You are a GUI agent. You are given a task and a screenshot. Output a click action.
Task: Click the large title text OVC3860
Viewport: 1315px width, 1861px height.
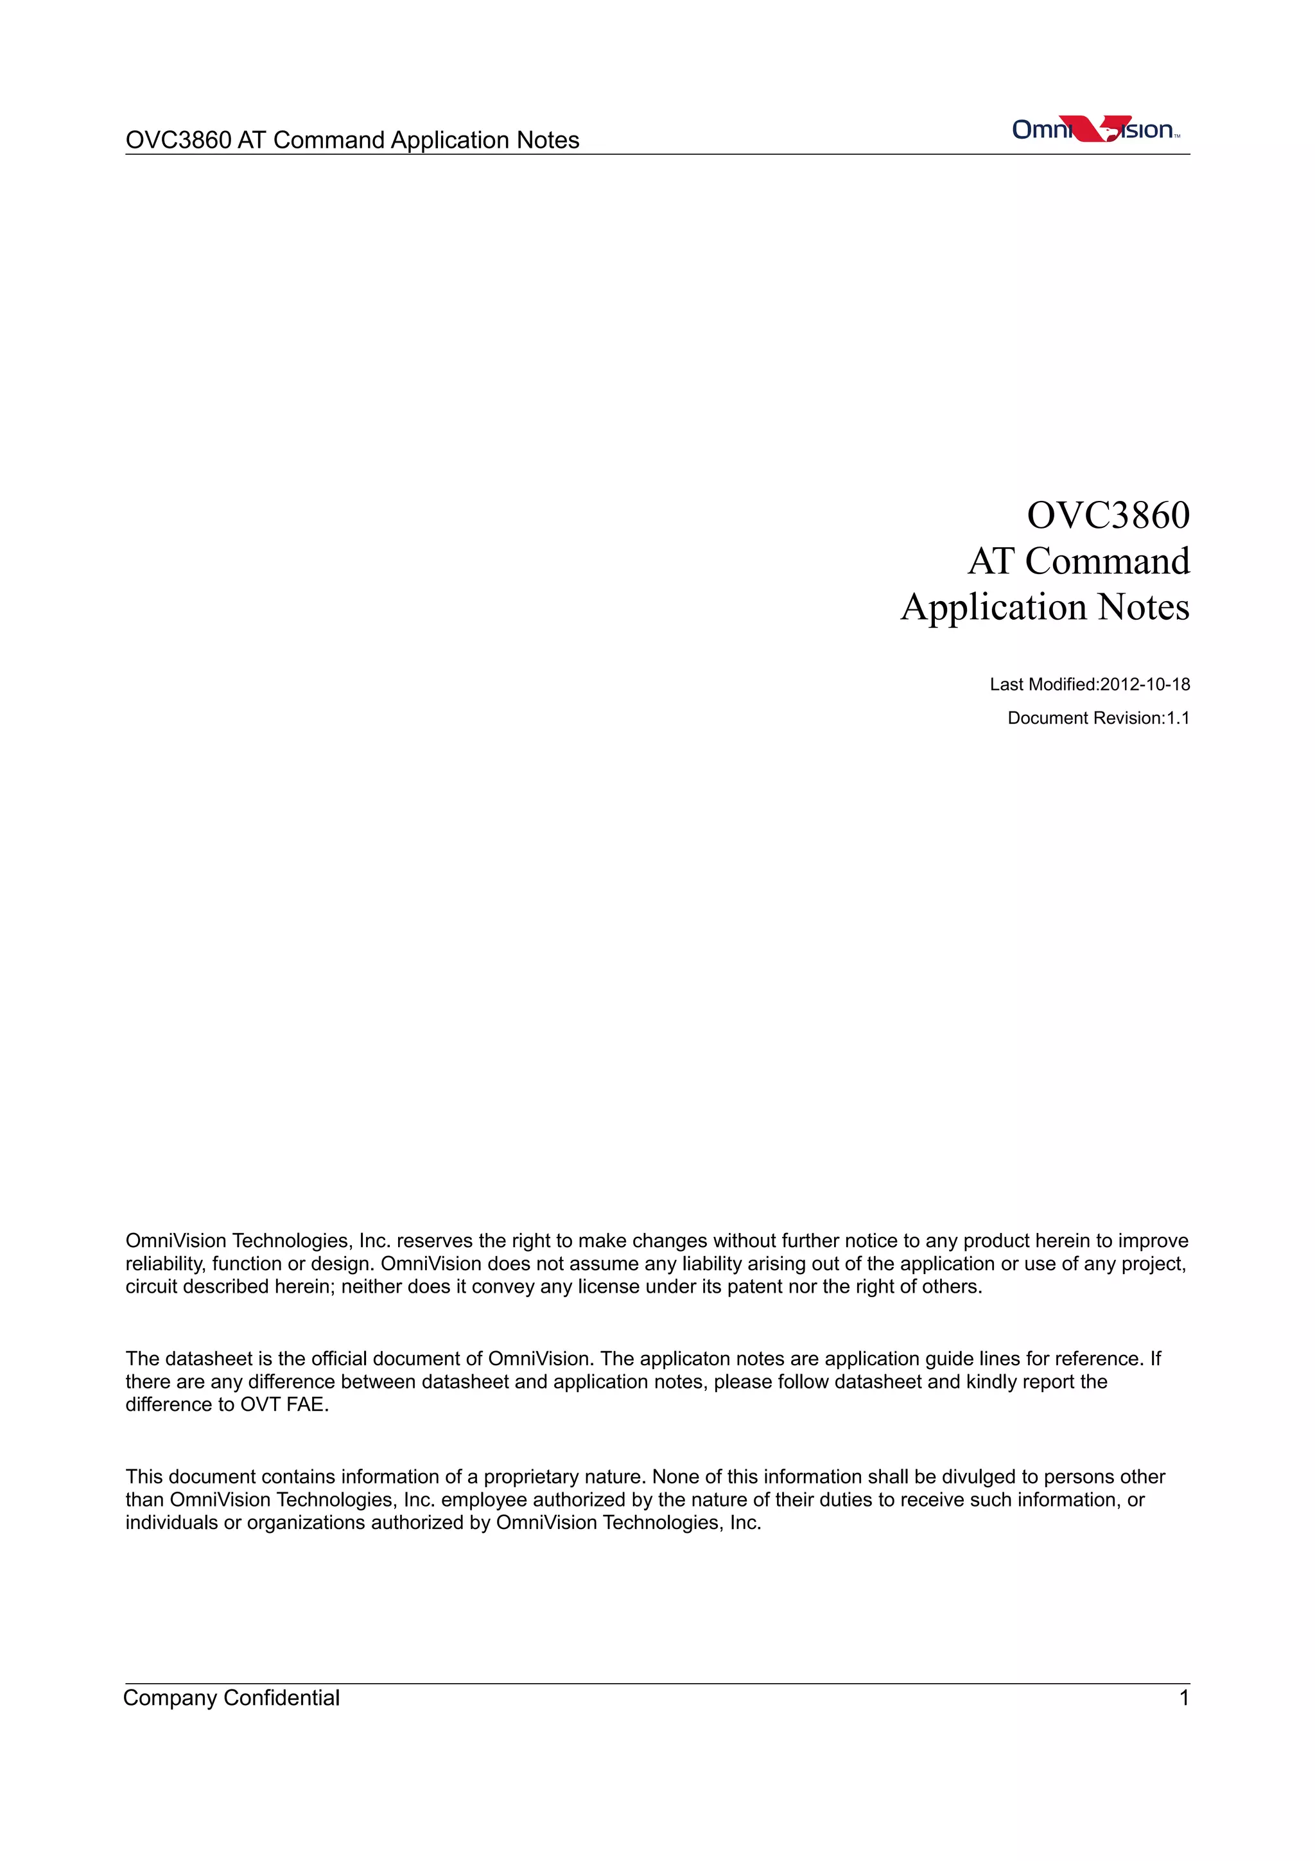click(x=1108, y=516)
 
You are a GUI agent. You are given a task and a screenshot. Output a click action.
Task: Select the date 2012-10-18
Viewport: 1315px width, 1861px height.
click(x=1145, y=685)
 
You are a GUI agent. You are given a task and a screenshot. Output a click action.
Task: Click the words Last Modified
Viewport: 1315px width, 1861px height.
click(x=1042, y=685)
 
